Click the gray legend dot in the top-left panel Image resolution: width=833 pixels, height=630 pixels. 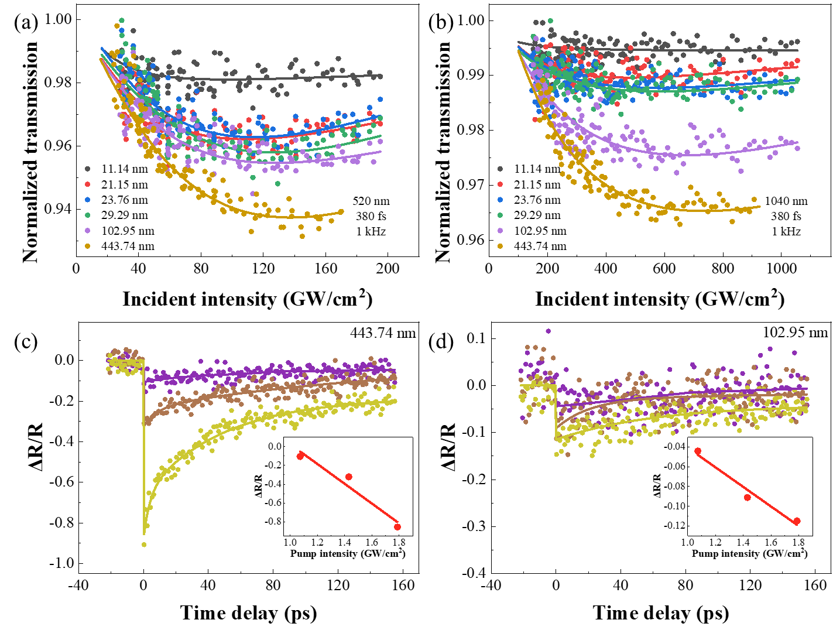(x=87, y=169)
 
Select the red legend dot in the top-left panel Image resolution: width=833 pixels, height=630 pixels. (x=87, y=184)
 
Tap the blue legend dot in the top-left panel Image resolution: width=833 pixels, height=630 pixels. (x=87, y=200)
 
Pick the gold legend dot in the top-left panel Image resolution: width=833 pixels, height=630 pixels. (x=87, y=246)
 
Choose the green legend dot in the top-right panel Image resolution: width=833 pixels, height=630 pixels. (x=500, y=215)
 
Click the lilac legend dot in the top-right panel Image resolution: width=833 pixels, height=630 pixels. (x=500, y=231)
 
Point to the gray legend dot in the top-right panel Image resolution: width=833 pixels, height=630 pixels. (x=500, y=169)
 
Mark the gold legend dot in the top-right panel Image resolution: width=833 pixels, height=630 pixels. (x=500, y=246)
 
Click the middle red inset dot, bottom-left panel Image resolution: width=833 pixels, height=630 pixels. (x=349, y=477)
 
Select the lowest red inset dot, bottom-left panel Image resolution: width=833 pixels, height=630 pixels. (x=397, y=527)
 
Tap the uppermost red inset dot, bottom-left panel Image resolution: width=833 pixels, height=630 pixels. (x=300, y=456)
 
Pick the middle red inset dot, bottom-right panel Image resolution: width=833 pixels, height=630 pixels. (x=748, y=498)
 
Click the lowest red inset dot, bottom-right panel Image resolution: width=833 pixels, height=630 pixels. (x=797, y=521)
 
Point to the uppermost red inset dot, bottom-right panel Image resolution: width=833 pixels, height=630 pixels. (x=698, y=451)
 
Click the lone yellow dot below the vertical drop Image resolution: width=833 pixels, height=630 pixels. (x=144, y=545)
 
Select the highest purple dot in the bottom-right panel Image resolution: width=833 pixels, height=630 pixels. (x=549, y=331)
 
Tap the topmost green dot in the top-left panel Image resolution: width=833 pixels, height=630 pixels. (x=122, y=20)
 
